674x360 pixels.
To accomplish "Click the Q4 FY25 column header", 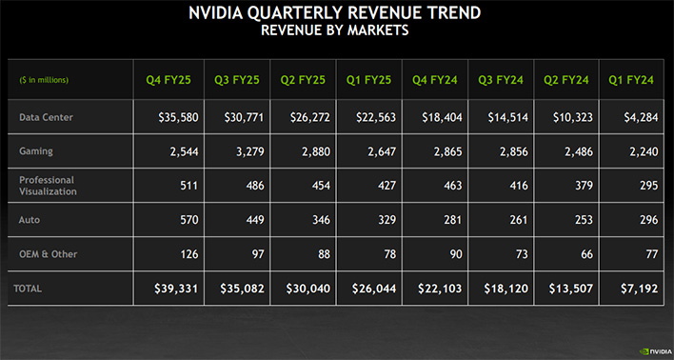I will (167, 79).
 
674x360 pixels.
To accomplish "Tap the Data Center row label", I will (46, 117).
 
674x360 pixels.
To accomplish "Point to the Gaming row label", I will (37, 151).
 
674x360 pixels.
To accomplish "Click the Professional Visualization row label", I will (47, 185).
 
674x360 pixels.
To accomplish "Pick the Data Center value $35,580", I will (167, 117).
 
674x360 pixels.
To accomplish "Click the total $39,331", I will (167, 287).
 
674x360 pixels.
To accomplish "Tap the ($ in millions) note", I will (44, 79).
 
